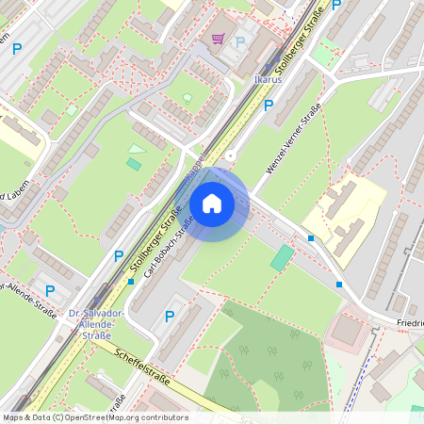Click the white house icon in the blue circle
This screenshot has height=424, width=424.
pyautogui.click(x=212, y=204)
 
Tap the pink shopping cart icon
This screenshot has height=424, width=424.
pyautogui.click(x=219, y=39)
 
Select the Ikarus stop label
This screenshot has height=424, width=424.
pyautogui.click(x=268, y=81)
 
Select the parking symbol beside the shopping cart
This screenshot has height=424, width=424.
pyautogui.click(x=239, y=41)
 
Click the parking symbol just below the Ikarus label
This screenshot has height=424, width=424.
pyautogui.click(x=269, y=105)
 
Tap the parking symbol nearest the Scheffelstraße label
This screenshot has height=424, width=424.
pyautogui.click(x=170, y=317)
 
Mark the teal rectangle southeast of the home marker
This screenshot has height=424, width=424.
pyautogui.click(x=282, y=258)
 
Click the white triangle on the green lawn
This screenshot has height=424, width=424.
pyautogui.click(x=137, y=148)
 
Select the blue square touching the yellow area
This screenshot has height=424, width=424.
pyautogui.click(x=311, y=238)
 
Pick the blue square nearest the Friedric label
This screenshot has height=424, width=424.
pyautogui.click(x=339, y=284)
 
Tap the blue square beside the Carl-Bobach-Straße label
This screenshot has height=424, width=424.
pyautogui.click(x=131, y=281)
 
